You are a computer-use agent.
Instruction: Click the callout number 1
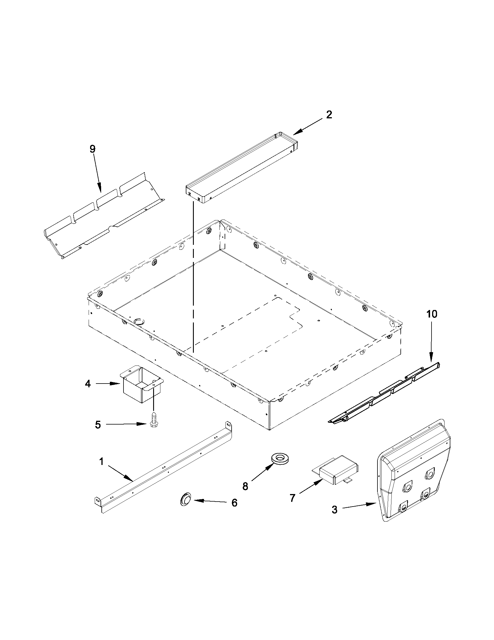[x=101, y=462]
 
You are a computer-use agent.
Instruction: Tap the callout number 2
[x=329, y=115]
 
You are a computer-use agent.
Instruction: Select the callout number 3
[x=334, y=510]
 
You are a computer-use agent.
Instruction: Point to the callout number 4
[x=88, y=384]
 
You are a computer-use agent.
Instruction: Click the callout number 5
[x=98, y=425]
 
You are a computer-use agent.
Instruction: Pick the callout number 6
[x=234, y=503]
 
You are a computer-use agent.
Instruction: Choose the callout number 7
[x=292, y=498]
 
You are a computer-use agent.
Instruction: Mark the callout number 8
[x=245, y=486]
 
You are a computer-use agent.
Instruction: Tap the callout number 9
[x=92, y=149]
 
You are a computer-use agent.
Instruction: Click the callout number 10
[x=432, y=314]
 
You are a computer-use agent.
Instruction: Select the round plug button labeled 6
[x=185, y=499]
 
